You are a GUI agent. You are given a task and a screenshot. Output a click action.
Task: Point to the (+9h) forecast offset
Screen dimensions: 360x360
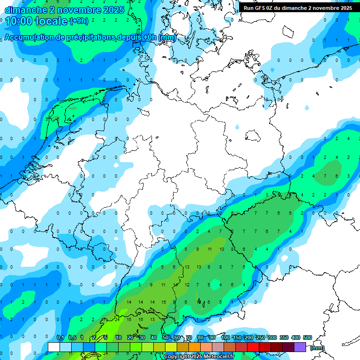coord(78,21)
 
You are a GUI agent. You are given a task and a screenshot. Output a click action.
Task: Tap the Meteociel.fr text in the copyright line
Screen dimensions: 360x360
coord(215,357)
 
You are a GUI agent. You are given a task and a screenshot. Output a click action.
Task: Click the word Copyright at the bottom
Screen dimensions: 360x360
coord(179,357)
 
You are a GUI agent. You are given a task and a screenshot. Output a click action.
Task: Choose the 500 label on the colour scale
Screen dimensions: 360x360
coord(307,337)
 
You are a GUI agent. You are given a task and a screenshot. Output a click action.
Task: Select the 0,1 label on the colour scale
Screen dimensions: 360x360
coord(60,337)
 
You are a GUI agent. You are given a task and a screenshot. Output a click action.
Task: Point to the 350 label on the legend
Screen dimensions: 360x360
coord(284,337)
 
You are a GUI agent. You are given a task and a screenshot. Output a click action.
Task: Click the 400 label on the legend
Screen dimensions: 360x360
coord(296,337)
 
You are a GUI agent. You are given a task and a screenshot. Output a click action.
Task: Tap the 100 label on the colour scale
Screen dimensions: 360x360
coord(225,337)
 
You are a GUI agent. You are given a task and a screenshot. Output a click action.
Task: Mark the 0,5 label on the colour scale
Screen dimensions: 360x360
coord(72,337)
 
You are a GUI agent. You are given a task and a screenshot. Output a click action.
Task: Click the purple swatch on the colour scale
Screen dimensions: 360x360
coord(300,347)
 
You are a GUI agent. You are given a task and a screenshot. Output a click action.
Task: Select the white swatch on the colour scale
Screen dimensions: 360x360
coord(54,347)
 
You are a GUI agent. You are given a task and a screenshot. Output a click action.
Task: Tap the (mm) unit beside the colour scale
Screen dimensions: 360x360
coord(317,348)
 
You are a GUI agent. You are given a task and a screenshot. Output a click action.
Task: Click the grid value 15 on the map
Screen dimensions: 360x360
coord(163,302)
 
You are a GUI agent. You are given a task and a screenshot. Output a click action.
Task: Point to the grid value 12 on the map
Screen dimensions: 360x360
coord(187,285)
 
